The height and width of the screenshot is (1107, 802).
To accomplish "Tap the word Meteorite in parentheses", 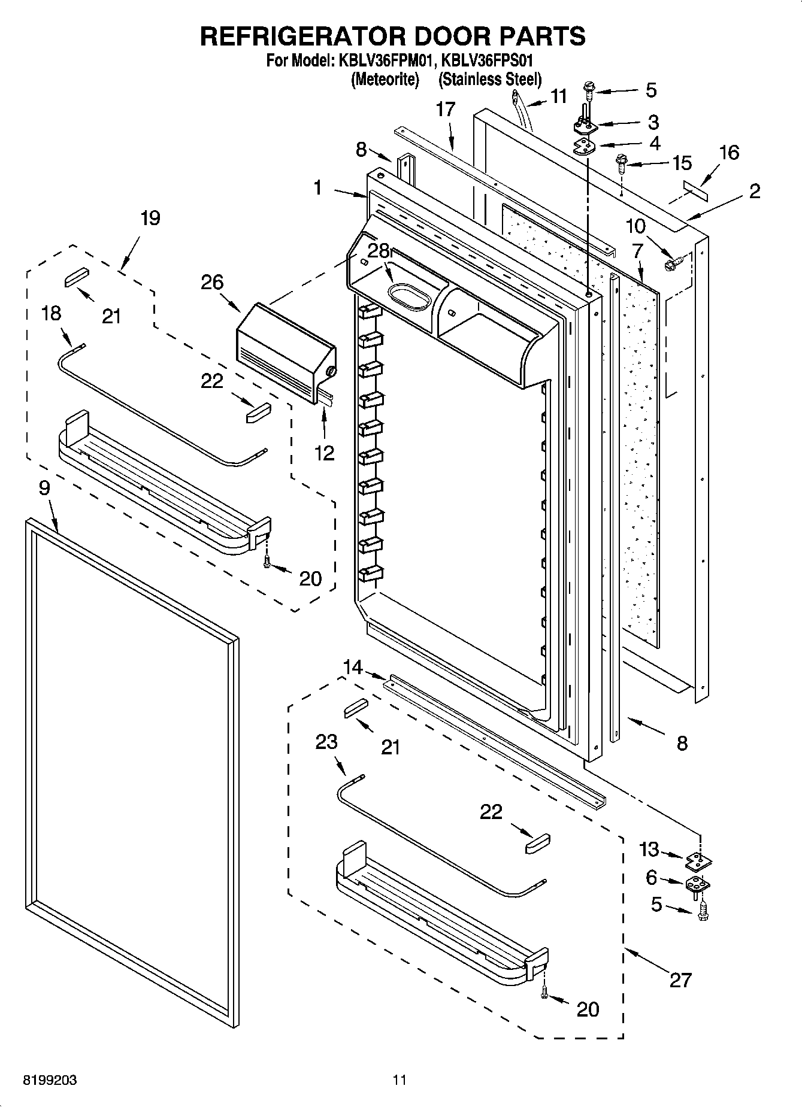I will pos(385,79).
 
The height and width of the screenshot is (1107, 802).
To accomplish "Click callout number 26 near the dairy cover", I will pos(212,283).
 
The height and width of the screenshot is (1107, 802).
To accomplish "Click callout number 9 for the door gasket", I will pos(44,488).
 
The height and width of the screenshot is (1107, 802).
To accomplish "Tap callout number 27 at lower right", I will pos(680,980).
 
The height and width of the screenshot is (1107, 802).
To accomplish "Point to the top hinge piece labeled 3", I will pos(586,125).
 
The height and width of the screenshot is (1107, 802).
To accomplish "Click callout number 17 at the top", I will pos(446,110).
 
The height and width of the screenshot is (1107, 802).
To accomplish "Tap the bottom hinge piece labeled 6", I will pos(696,883).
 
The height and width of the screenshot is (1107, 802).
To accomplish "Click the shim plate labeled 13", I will pos(697,860).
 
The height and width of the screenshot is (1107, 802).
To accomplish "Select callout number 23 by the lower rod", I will pos(326,742).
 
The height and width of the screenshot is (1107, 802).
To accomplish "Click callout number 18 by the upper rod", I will pos(52,313).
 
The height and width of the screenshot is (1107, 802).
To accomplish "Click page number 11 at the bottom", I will pos(400,1081).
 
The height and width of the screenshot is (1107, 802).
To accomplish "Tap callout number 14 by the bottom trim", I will pos(353,666).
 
